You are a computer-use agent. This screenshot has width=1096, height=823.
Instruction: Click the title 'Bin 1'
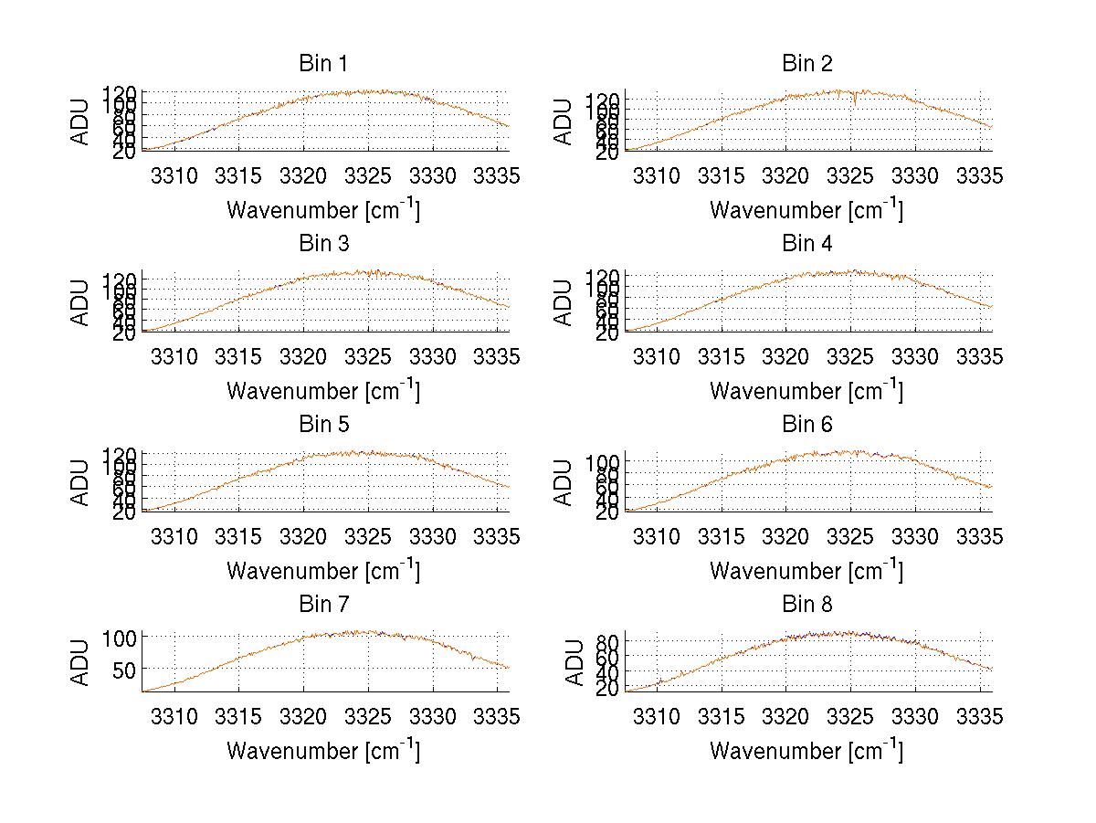coord(322,63)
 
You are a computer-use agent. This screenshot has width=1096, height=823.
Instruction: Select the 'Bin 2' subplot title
coord(806,63)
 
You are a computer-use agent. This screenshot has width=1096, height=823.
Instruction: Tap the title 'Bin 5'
coord(322,424)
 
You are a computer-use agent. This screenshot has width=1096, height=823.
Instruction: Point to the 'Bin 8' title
coord(806,604)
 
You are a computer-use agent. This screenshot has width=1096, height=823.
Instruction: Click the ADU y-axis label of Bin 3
coord(80,301)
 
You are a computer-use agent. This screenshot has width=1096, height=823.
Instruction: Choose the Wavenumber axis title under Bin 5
coord(322,571)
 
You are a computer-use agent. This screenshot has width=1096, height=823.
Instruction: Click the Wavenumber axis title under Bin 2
coord(806,210)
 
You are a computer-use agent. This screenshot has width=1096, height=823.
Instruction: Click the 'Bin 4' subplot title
coord(806,243)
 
